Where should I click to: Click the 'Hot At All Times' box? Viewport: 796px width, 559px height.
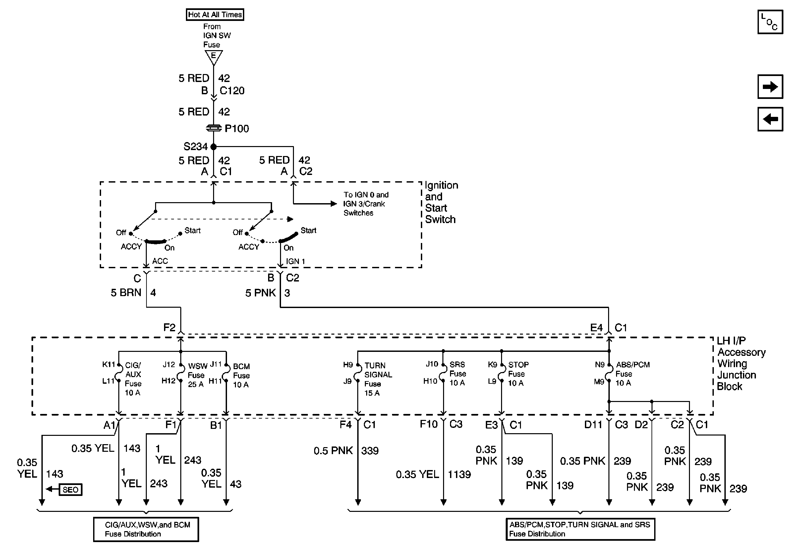(215, 15)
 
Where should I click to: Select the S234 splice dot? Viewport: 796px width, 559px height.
(213, 147)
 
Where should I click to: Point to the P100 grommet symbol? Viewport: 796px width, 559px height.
(213, 128)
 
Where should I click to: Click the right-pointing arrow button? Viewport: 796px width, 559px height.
(770, 87)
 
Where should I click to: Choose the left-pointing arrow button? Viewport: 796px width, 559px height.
(770, 120)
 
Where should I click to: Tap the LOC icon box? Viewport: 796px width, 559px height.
(770, 22)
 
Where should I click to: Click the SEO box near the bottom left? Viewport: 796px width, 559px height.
(71, 490)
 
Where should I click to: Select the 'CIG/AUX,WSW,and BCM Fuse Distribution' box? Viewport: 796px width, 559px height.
(146, 529)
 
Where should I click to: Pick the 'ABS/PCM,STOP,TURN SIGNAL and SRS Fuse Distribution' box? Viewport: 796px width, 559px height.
(580, 529)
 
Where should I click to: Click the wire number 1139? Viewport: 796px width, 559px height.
(459, 474)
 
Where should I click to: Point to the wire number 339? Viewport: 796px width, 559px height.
(370, 451)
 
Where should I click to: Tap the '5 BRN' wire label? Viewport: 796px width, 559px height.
(126, 293)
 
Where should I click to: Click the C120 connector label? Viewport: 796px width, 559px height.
(232, 91)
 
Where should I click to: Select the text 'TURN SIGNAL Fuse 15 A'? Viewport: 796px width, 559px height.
(378, 379)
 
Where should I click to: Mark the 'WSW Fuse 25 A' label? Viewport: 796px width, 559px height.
(198, 375)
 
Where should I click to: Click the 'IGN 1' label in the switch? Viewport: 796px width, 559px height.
(295, 262)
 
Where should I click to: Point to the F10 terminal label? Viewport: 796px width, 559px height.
(429, 424)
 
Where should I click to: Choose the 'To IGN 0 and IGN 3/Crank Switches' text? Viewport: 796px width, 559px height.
(366, 204)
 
